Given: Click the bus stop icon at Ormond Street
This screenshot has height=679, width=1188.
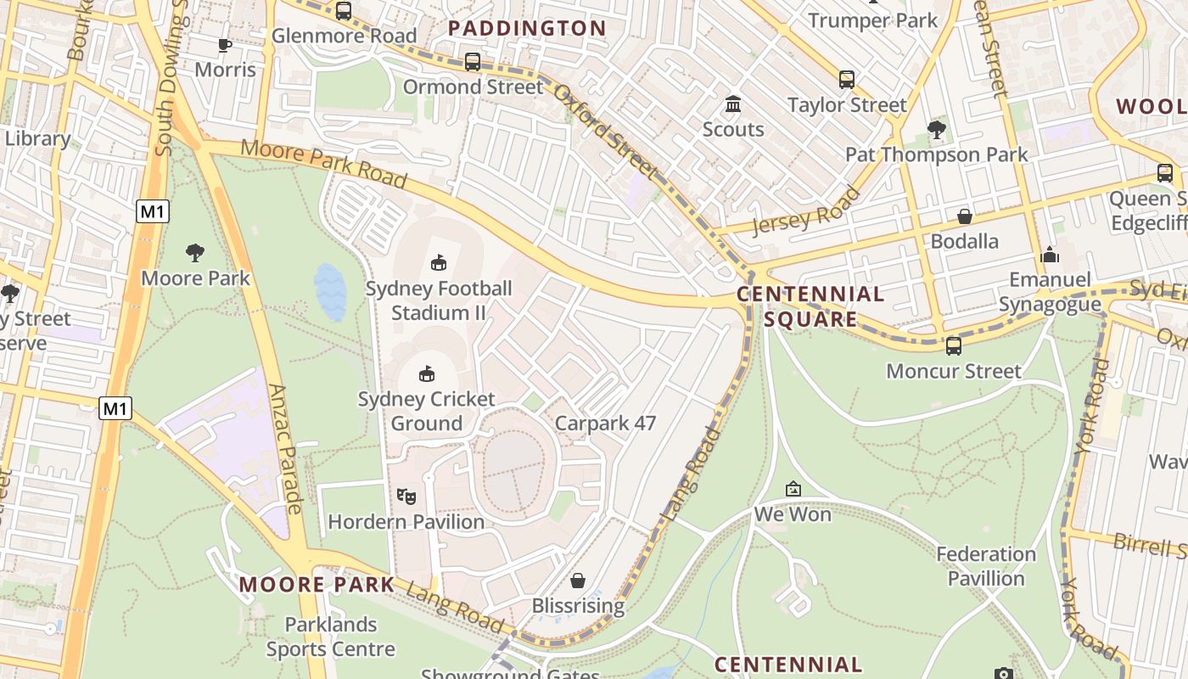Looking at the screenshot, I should (473, 62).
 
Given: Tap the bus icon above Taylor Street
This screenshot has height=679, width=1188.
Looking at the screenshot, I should (846, 80).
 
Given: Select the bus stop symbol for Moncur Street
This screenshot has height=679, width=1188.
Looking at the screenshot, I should (954, 345).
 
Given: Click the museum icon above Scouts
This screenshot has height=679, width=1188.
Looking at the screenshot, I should (733, 104).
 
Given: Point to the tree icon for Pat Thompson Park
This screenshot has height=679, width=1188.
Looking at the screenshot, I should (936, 130).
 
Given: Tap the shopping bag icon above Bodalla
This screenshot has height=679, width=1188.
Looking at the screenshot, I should (964, 216).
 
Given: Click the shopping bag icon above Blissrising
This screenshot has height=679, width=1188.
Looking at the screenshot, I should (577, 581).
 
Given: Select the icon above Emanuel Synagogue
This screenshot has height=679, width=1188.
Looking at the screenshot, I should (1050, 255).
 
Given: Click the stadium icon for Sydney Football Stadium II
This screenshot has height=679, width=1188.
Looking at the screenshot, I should (439, 263).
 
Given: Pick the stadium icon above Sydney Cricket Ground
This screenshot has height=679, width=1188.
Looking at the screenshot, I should (427, 373).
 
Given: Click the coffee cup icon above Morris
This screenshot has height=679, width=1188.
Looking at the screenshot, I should (225, 45).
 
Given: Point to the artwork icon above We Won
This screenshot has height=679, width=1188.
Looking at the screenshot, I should (793, 489).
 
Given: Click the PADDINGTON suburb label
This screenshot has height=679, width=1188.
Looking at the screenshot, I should (527, 28).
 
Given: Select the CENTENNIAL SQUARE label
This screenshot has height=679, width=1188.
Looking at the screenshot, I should (810, 306).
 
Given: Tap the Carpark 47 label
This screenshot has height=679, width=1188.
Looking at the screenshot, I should (605, 423).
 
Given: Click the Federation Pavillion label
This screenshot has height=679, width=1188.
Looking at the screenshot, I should (986, 566).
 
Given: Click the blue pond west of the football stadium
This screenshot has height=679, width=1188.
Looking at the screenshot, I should (330, 292).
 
